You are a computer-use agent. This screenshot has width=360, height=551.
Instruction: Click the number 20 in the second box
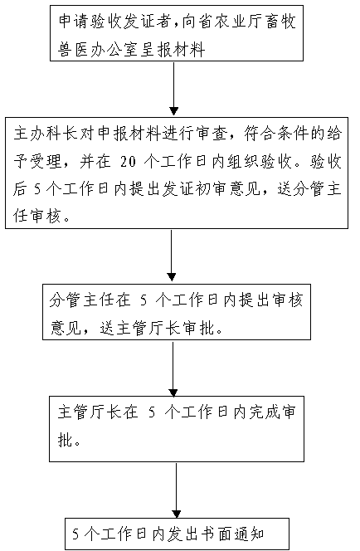[128, 162]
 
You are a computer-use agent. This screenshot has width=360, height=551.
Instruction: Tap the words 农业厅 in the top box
[239, 22]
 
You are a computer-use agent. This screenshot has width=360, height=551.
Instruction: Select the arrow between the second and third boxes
[172, 256]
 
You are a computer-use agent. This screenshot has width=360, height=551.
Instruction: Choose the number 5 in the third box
[144, 300]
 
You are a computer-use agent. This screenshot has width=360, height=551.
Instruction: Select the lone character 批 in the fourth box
[66, 439]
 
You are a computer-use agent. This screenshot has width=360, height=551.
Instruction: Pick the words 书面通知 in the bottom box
[232, 534]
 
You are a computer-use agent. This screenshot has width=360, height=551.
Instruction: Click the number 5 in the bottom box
[75, 534]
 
